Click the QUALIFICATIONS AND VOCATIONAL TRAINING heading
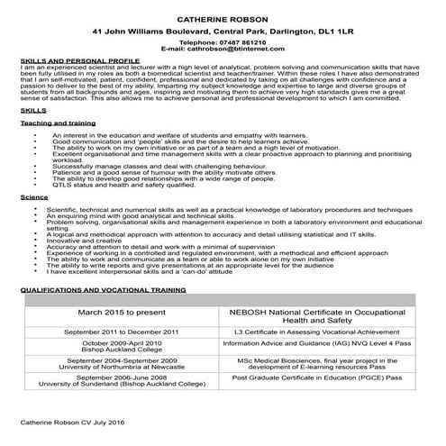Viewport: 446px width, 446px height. pyautogui.click(x=103, y=291)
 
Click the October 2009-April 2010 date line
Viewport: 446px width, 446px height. pyautogui.click(x=123, y=342)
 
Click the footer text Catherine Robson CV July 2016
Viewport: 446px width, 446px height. pyautogui.click(x=74, y=422)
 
